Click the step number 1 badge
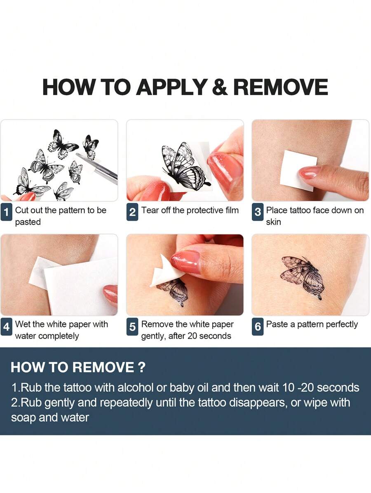pyautogui.click(x=6, y=212)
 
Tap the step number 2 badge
pyautogui.click(x=132, y=212)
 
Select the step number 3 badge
pyautogui.click(x=258, y=212)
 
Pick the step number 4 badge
pyautogui.click(x=6, y=327)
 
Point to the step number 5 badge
pyautogui.click(x=132, y=327)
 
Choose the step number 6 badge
pyautogui.click(x=258, y=327)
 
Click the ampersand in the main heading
pyautogui.click(x=220, y=87)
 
